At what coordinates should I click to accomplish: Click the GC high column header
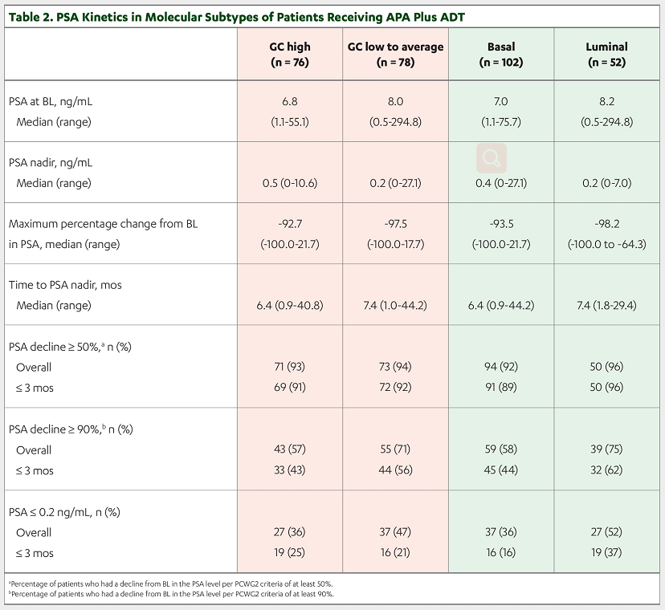pyautogui.click(x=290, y=55)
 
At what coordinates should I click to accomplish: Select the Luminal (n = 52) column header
pyautogui.click(x=606, y=55)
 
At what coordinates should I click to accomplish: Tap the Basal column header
pyautogui.click(x=501, y=55)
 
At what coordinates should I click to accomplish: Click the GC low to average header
pyautogui.click(x=395, y=55)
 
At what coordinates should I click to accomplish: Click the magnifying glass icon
pyautogui.click(x=492, y=158)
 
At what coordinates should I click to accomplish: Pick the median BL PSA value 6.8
pyautogui.click(x=290, y=101)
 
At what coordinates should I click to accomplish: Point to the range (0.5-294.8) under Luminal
pyautogui.click(x=606, y=122)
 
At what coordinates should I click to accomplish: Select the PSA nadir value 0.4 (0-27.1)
pyautogui.click(x=501, y=183)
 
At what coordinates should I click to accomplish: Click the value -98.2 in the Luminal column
pyautogui.click(x=606, y=223)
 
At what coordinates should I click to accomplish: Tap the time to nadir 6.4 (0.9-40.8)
pyautogui.click(x=290, y=305)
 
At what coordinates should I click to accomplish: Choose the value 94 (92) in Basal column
pyautogui.click(x=501, y=366)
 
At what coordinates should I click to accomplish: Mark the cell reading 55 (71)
pyautogui.click(x=395, y=449)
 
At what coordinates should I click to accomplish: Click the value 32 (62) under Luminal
pyautogui.click(x=606, y=470)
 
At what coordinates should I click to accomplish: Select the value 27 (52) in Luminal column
pyautogui.click(x=606, y=531)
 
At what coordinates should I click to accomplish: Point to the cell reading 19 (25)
pyautogui.click(x=290, y=552)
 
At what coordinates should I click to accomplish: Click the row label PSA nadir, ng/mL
pyautogui.click(x=51, y=163)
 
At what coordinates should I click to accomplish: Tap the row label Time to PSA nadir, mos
pyautogui.click(x=65, y=285)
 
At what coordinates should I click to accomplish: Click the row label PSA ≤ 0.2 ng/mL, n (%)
pyautogui.click(x=64, y=512)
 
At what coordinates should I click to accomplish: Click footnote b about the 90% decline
pyautogui.click(x=171, y=594)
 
